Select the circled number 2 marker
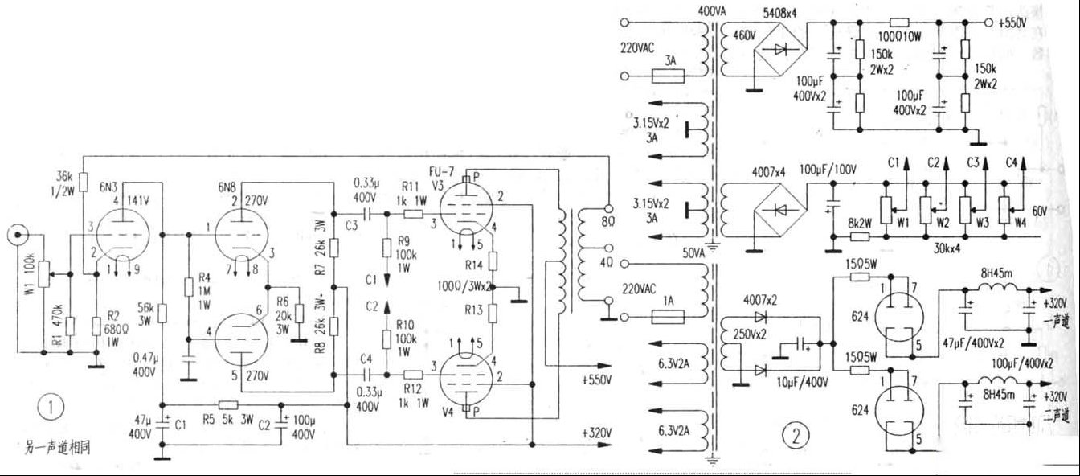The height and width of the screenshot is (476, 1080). coord(796,435)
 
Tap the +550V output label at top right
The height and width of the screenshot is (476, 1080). coord(1012,23)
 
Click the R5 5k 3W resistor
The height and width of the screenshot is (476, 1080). coord(228,404)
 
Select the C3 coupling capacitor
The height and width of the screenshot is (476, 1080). coord(366,214)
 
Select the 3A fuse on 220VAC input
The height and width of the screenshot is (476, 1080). coord(666,77)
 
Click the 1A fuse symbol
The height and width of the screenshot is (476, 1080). coord(666,318)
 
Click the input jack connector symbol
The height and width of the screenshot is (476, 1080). coord(14,236)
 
